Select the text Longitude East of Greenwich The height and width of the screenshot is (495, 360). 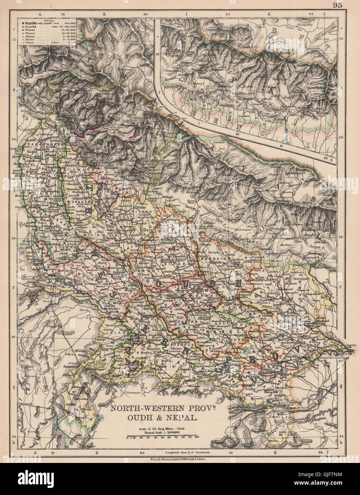pyautogui.click(x=185, y=453)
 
